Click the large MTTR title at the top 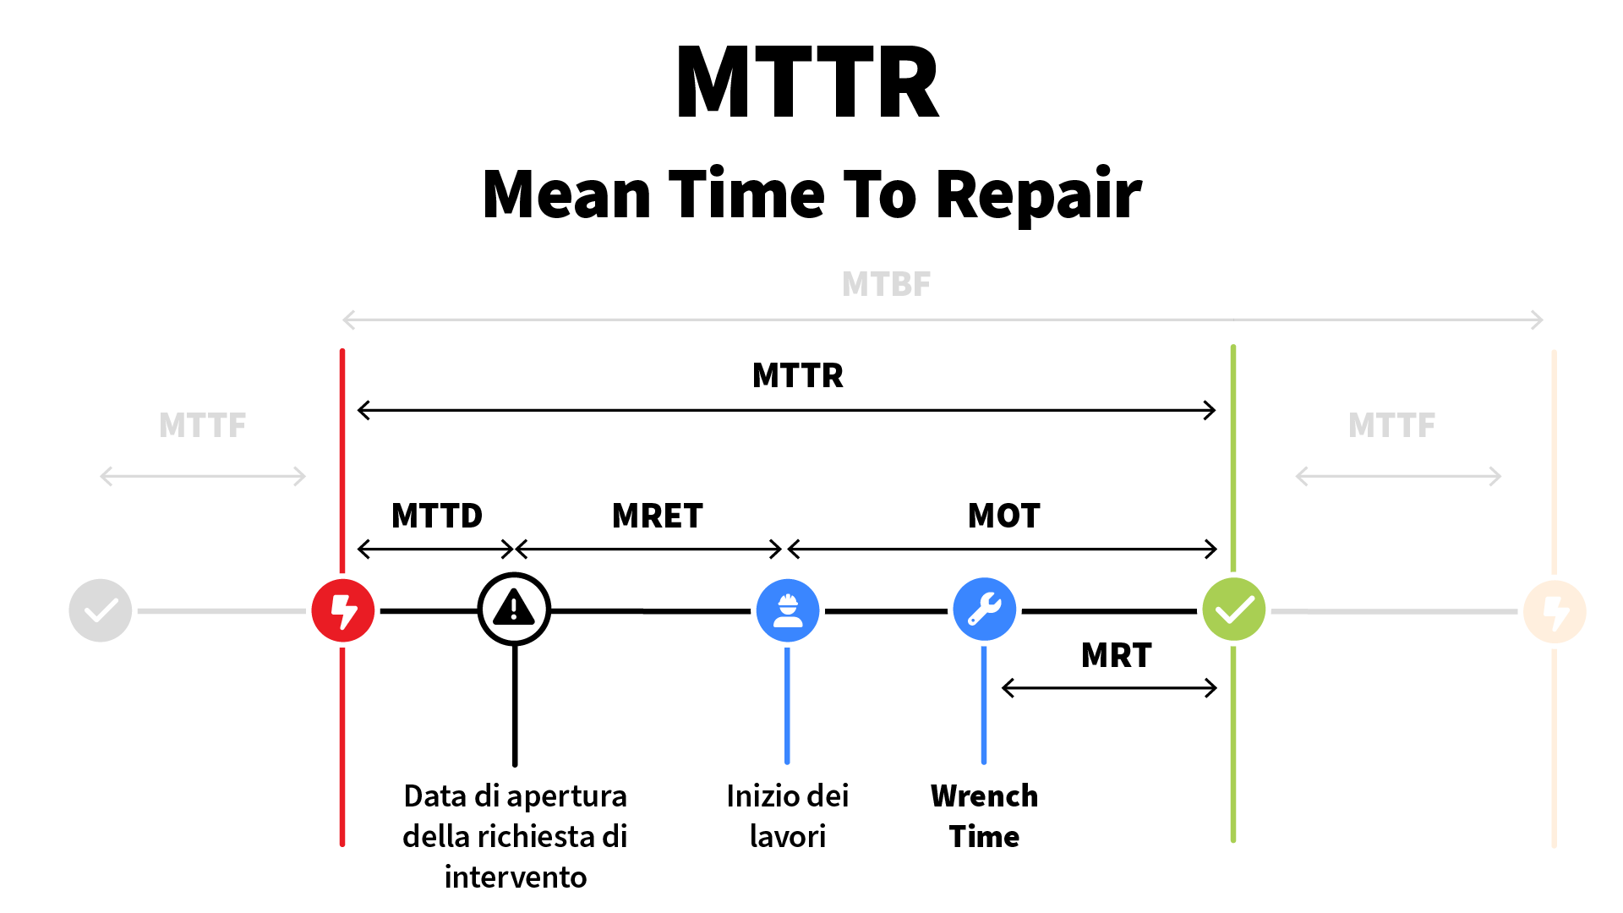tap(807, 83)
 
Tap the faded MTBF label tap(886, 285)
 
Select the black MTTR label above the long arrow tap(797, 375)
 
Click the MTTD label tap(436, 516)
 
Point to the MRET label tap(657, 516)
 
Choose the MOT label tap(1003, 516)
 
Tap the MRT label tap(1116, 655)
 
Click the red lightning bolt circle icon tap(342, 610)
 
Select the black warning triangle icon tap(514, 609)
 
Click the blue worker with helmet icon tap(787, 610)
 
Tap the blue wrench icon tap(984, 610)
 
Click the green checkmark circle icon tap(1233, 610)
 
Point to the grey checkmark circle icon tap(101, 610)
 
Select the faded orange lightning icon tap(1554, 611)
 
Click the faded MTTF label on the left tap(202, 425)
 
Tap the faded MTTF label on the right tap(1391, 425)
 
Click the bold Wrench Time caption tap(984, 816)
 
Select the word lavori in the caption tap(787, 836)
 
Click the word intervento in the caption tap(516, 877)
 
